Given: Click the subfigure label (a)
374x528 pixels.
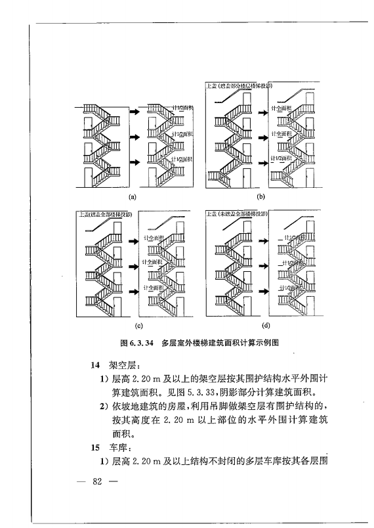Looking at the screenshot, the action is (x=133, y=196).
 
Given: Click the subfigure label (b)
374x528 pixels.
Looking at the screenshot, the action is (x=260, y=196).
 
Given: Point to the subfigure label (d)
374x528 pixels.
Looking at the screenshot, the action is (x=266, y=324).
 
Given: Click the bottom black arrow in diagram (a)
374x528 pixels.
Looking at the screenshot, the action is (x=134, y=162).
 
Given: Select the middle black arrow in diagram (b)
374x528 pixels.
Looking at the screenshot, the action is (x=262, y=137).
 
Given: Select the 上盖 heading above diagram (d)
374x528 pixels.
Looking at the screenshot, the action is (x=212, y=214).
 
